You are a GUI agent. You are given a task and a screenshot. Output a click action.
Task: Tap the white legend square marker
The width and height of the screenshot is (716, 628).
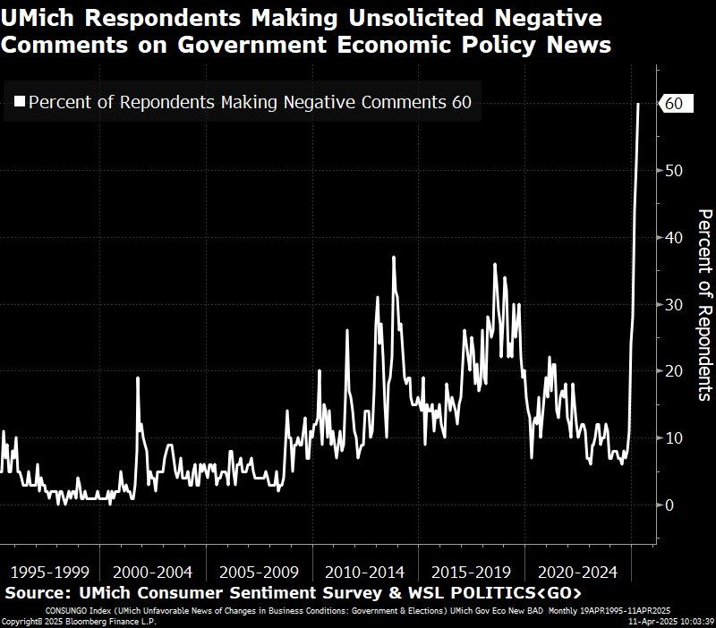point(19,103)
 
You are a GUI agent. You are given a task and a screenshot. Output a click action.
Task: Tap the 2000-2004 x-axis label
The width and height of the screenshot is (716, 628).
point(152,572)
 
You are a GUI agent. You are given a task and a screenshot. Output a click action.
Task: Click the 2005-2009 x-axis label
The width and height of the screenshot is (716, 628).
point(259,572)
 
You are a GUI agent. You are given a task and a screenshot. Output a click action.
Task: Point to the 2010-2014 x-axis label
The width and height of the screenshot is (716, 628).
point(365,572)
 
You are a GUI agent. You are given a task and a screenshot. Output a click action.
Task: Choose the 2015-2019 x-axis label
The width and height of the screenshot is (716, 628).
point(472,572)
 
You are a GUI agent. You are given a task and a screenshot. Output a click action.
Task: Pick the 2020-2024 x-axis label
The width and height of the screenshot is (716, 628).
point(578,572)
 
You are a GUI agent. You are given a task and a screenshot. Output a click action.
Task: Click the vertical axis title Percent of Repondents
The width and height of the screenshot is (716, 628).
point(704,304)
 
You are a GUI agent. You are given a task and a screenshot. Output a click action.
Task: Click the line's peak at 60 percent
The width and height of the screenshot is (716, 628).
point(638,104)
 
